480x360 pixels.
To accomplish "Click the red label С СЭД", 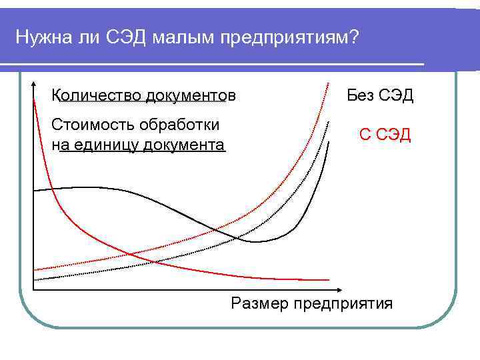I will (x=385, y=135).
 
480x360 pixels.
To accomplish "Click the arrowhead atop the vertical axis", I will (x=33, y=85).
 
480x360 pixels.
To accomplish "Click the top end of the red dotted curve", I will (x=330, y=81).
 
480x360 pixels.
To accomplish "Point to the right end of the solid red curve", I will (x=329, y=279).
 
